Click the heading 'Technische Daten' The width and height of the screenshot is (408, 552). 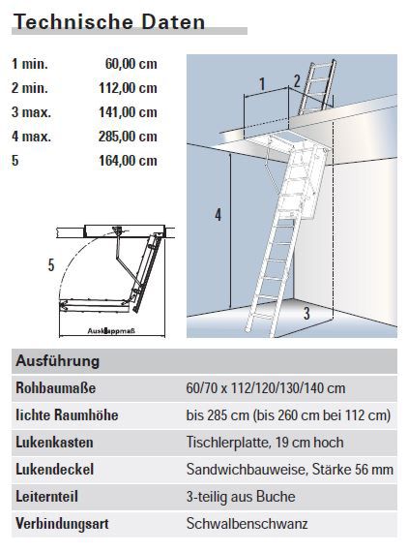tap(109, 21)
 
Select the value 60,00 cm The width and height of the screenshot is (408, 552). tap(131, 65)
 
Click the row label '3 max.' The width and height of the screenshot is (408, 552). tap(31, 112)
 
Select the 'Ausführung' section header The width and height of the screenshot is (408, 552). tap(58, 361)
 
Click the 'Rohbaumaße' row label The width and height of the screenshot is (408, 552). tap(57, 388)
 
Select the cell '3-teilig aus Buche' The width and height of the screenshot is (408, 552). tap(240, 497)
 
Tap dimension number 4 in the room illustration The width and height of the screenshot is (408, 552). tap(218, 216)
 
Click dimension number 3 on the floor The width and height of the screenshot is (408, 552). tap(306, 313)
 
